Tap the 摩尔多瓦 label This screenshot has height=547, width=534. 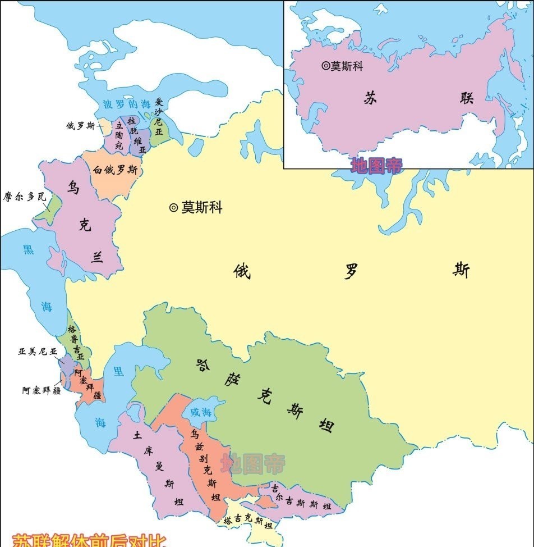pos(24,198)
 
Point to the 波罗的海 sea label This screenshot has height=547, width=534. pos(127,104)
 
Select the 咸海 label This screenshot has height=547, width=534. pos(202,412)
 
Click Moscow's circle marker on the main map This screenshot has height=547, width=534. pos(173,208)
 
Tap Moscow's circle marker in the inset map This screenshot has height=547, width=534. pos(325,66)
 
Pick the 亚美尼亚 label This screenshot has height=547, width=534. pos(38,352)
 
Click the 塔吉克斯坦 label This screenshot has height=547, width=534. pos(247,522)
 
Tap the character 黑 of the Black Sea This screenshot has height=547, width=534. pos(28,249)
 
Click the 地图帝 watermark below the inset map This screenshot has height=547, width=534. pos(376,165)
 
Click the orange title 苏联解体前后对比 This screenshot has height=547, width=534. pos(90,540)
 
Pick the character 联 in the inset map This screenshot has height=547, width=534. pos(467,98)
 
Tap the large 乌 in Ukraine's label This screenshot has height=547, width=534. pos(73,187)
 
